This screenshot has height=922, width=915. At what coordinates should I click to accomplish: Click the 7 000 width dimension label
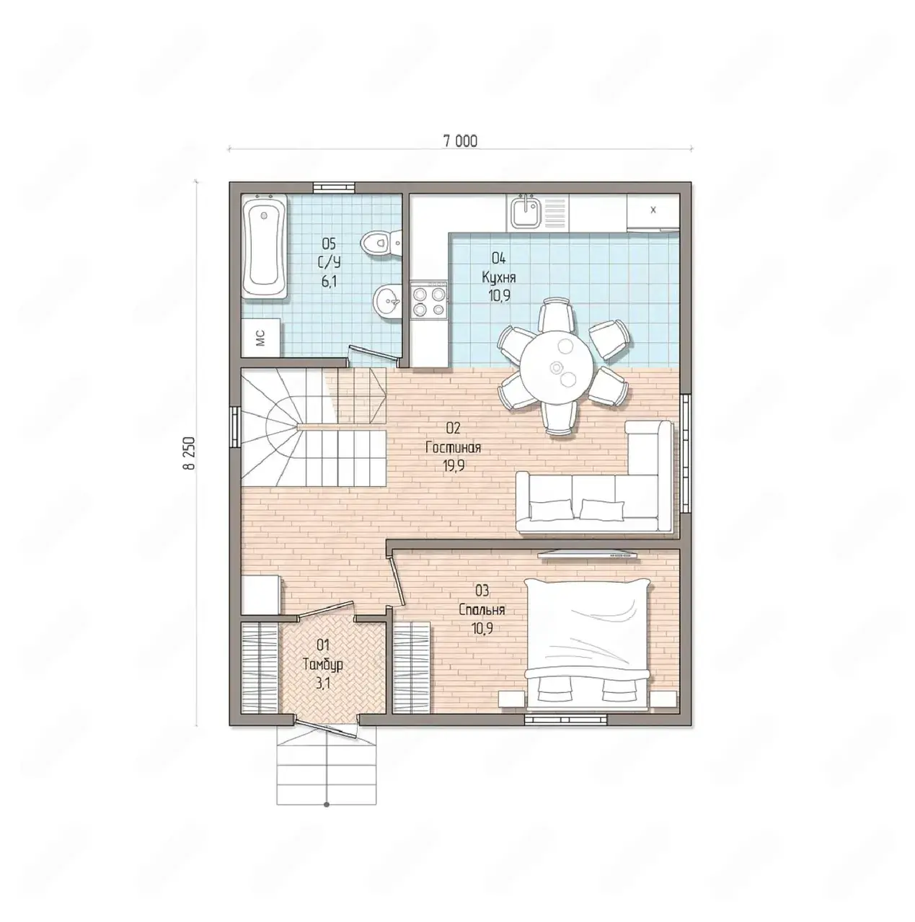click(460, 140)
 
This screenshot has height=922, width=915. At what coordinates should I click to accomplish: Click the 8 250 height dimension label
click(190, 452)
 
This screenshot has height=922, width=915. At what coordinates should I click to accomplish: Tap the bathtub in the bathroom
click(265, 247)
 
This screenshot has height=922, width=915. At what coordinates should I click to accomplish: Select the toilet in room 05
click(381, 243)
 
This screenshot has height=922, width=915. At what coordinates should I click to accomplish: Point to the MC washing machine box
click(261, 338)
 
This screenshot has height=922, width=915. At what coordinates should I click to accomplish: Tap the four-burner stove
click(429, 300)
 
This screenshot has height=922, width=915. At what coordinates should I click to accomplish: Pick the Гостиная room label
click(453, 447)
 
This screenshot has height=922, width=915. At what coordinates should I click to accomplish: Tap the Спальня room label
click(482, 610)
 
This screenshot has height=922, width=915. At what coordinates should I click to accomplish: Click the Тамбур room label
click(322, 665)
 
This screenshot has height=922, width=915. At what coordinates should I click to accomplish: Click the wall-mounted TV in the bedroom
click(587, 555)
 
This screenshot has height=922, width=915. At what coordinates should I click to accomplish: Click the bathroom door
click(373, 354)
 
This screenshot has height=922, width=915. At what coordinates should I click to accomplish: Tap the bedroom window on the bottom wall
click(565, 719)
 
